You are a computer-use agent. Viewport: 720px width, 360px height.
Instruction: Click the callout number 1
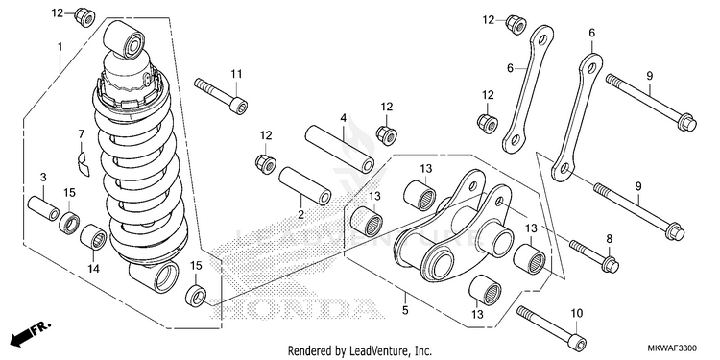[x=60, y=46]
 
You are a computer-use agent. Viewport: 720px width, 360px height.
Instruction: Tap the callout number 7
[x=82, y=134]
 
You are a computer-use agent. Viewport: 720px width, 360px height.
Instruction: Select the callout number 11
[x=236, y=74]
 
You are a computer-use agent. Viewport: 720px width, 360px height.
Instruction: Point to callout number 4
[x=343, y=118]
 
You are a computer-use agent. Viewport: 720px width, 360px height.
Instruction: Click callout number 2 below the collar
[x=300, y=214]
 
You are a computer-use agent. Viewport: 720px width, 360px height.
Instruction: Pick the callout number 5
[x=405, y=310]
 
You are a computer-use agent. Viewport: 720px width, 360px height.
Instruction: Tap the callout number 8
[x=610, y=238]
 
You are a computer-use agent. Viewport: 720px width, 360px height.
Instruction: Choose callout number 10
[x=577, y=314]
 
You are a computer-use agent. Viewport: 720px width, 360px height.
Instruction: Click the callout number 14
[x=93, y=268]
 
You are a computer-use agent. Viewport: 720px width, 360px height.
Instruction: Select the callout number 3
[x=43, y=177]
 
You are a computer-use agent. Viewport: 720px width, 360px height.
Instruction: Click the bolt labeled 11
[x=221, y=95]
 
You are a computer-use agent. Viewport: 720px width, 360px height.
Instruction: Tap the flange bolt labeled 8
[x=594, y=254]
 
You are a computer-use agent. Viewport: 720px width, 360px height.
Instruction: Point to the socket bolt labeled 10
[x=552, y=330]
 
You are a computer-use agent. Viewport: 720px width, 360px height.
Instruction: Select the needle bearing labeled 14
[x=93, y=237]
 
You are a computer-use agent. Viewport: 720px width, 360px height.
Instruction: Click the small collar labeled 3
[x=43, y=209]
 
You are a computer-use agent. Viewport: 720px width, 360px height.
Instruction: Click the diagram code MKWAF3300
[x=680, y=348]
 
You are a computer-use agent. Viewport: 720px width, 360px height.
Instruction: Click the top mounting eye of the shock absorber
[x=125, y=41]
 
